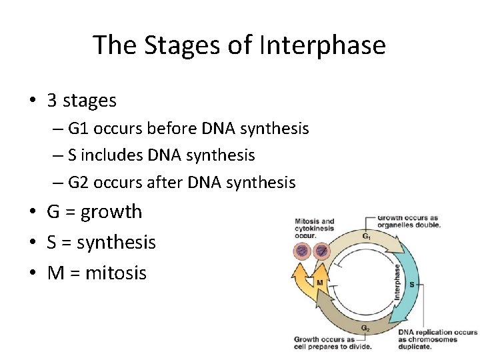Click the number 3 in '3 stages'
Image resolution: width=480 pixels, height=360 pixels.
click(52, 101)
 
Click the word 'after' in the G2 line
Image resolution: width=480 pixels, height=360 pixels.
click(169, 182)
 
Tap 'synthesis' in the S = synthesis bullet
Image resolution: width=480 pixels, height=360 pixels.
click(116, 243)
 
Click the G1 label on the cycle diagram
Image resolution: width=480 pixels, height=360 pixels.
click(367, 237)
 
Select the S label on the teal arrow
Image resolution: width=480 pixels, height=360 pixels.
click(411, 284)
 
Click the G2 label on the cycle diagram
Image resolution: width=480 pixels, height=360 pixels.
click(366, 328)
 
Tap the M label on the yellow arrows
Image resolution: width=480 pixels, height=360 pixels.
click(320, 283)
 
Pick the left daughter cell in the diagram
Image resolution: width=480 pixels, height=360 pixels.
click(301, 251)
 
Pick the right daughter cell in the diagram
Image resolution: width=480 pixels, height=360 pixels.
click(322, 251)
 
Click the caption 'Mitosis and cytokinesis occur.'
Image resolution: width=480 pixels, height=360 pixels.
click(314, 229)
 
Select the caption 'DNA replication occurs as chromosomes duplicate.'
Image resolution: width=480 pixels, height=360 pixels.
click(437, 339)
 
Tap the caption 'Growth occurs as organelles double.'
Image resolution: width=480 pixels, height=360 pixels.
click(409, 221)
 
